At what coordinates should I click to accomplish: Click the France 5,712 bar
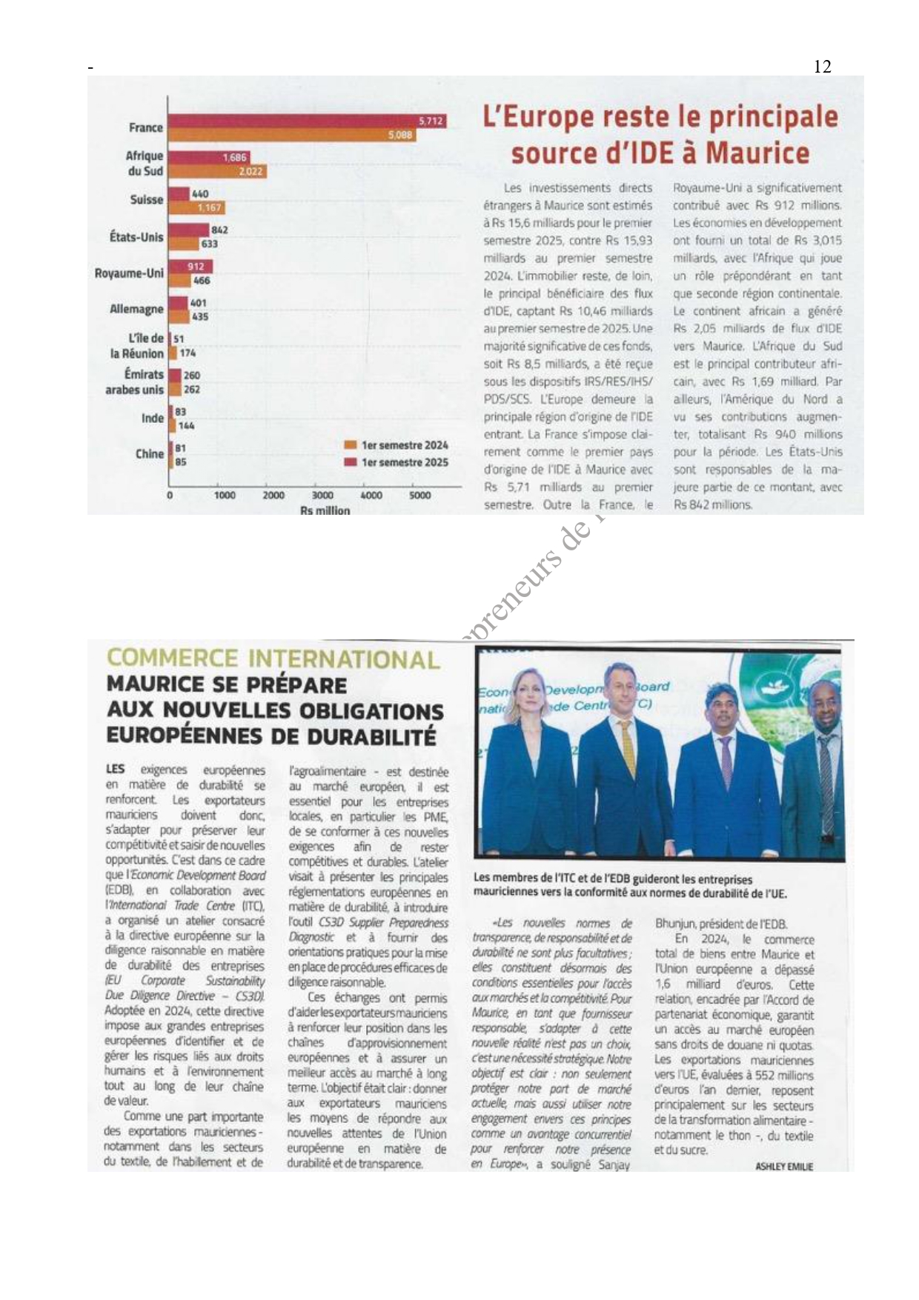[307, 121]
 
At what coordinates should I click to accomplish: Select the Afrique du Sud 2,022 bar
[217, 172]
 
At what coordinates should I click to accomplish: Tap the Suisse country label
[146, 200]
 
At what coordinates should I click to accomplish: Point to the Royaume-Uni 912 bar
[190, 267]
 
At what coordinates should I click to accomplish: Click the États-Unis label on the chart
[136, 237]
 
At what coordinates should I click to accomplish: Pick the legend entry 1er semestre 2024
[404, 445]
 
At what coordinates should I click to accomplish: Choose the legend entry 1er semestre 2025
[404, 462]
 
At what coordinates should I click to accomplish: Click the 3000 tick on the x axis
[322, 496]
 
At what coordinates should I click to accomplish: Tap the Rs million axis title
[325, 510]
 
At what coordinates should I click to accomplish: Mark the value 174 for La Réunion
[188, 353]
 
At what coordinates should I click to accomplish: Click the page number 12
[822, 67]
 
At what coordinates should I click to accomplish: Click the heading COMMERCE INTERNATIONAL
[273, 659]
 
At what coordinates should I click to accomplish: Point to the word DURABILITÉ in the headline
[371, 737]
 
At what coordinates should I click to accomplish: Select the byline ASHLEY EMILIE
[784, 1167]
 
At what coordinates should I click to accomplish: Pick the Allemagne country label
[136, 309]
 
